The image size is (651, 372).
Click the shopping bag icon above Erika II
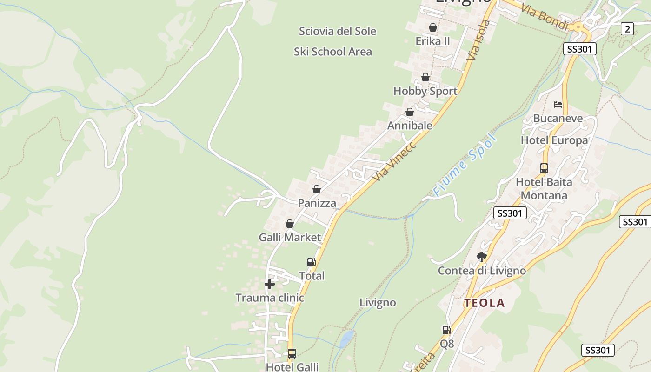point(433,27)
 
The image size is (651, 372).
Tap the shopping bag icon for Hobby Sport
point(425,77)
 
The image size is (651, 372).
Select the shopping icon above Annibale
point(410,112)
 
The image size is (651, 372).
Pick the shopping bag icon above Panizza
point(317,189)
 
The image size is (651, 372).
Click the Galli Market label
point(290,237)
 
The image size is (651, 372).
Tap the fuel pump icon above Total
point(312,262)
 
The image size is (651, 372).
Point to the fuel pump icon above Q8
point(446,330)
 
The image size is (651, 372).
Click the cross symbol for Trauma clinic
point(270,284)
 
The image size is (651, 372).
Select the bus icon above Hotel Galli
point(292,354)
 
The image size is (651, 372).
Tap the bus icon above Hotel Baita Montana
point(544,168)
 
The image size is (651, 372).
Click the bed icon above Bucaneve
point(558,104)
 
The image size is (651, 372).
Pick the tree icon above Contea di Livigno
point(482,257)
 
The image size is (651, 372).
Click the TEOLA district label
point(484,303)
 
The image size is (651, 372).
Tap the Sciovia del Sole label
point(338,31)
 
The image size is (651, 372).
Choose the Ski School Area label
point(333,52)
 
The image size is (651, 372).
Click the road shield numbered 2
point(627,29)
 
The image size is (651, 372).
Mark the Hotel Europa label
point(554,140)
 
